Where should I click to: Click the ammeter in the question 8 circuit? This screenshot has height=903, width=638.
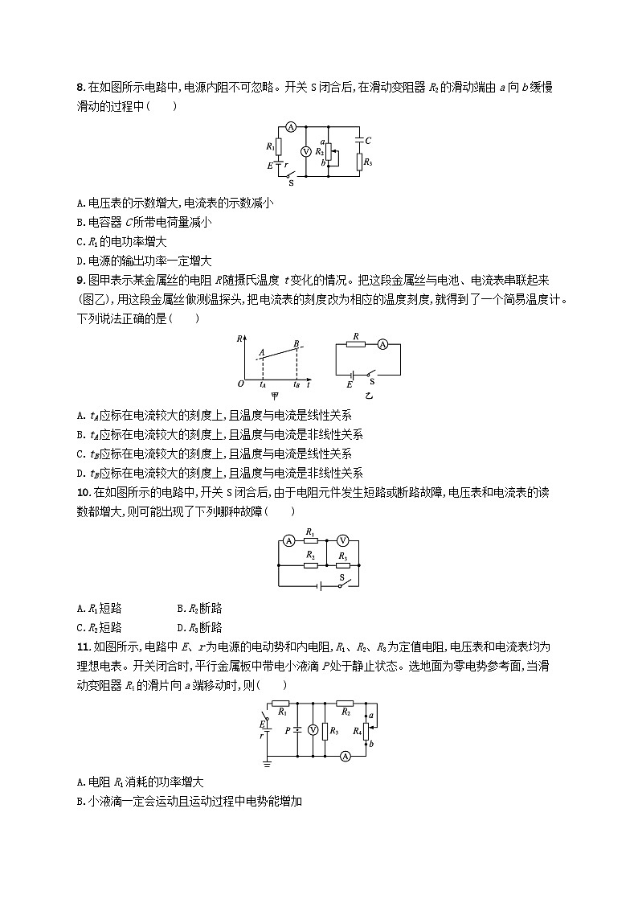(x=292, y=127)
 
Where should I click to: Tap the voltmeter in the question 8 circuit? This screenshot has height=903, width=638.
(x=305, y=151)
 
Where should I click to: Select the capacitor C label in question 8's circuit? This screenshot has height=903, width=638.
(x=368, y=141)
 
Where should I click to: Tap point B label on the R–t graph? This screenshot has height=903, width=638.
(x=296, y=343)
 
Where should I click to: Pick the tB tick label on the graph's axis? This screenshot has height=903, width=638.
(x=297, y=385)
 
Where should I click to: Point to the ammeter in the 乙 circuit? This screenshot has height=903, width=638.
(x=382, y=344)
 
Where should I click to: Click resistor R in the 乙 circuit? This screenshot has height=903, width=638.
(x=356, y=344)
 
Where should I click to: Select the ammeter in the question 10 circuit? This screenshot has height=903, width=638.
(x=288, y=541)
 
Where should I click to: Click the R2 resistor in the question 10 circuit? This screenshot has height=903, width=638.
(x=311, y=564)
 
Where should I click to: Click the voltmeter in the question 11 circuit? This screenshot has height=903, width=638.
(x=313, y=729)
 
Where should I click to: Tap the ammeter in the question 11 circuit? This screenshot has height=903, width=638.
(x=345, y=756)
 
